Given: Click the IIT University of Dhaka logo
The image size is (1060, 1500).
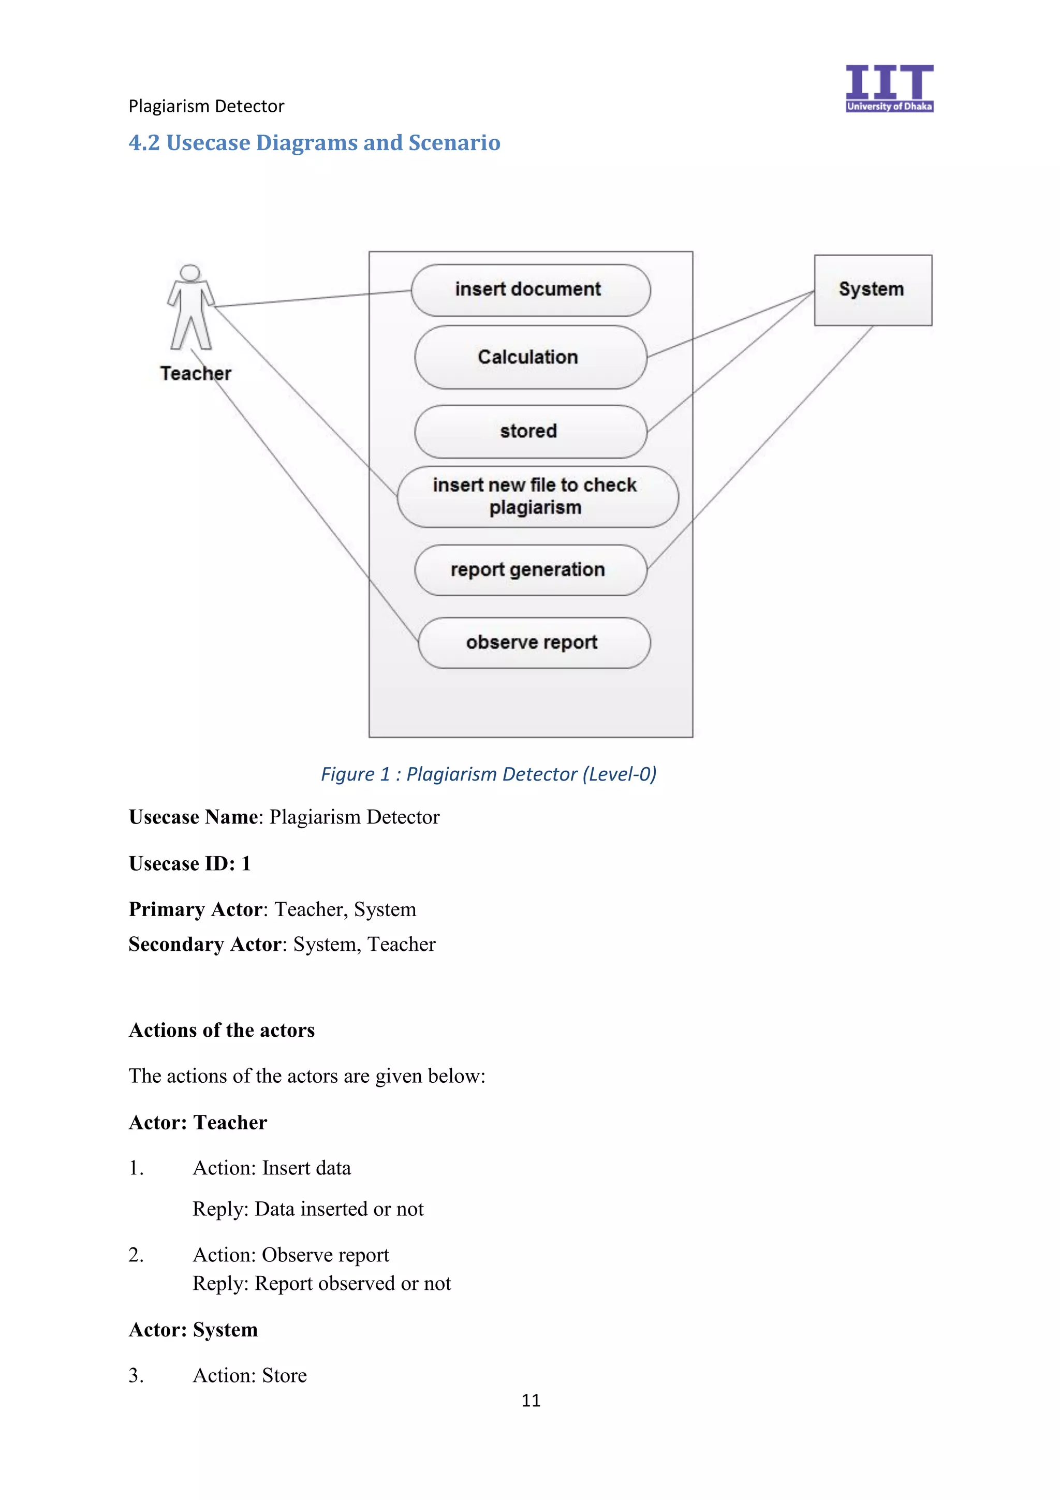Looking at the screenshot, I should click(888, 88).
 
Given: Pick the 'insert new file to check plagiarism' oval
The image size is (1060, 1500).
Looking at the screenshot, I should click(537, 496).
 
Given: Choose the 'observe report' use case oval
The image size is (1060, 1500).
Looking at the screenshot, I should click(533, 643).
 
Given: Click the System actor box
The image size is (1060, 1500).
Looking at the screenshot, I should click(872, 290).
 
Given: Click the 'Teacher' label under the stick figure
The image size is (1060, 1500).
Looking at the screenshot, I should click(195, 374).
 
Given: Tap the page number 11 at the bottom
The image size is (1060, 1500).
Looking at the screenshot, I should click(531, 1400).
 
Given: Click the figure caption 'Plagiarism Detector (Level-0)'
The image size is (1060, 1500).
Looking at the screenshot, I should click(488, 774).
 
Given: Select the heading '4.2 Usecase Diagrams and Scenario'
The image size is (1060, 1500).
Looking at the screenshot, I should click(314, 143).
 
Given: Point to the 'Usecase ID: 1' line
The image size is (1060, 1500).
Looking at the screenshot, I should click(189, 864).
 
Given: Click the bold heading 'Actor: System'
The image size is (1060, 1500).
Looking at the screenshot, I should click(194, 1330).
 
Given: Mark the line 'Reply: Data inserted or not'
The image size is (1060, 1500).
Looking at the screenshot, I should click(307, 1209).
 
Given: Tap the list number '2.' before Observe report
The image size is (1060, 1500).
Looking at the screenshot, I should click(136, 1255).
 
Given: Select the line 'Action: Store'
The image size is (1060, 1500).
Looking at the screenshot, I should click(249, 1375).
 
